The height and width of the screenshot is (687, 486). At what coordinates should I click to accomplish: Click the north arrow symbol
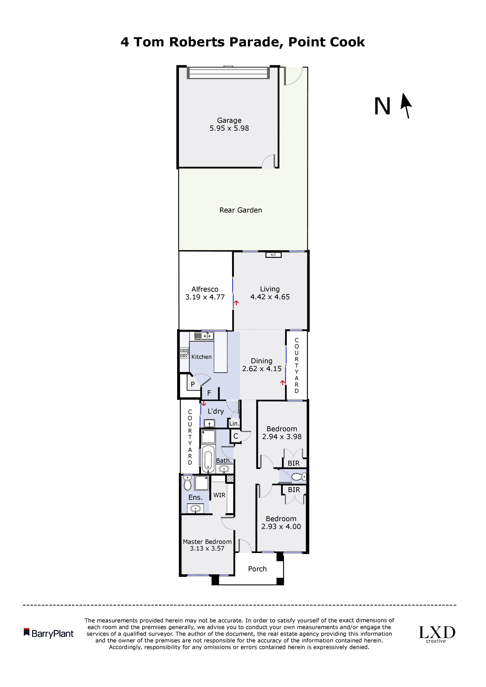pos(406,106)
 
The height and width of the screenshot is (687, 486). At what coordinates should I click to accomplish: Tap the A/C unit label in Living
pos(273,255)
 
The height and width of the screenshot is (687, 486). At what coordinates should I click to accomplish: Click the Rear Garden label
pos(241,210)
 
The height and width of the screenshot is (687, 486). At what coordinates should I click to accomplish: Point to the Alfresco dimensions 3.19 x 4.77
pos(205,297)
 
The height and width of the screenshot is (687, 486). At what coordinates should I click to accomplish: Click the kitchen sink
pos(204,336)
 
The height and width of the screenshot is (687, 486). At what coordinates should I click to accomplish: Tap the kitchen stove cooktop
pos(184,353)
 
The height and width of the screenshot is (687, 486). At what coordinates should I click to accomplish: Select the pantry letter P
pos(193,384)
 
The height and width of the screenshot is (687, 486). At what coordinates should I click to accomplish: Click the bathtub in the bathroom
pos(208,459)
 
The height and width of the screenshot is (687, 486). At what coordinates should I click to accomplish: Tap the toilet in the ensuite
pos(188,483)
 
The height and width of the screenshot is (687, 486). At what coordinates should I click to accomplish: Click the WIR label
pos(219,495)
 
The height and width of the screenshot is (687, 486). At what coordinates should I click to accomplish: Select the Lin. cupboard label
pos(234,423)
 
